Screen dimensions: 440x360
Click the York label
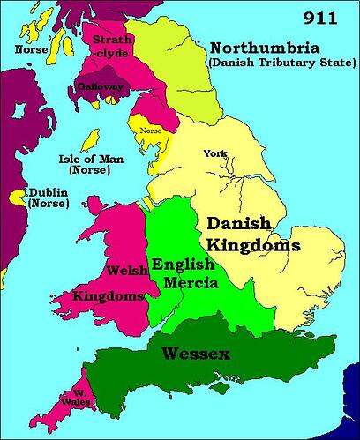[214, 153]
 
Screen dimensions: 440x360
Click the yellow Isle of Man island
[89, 141]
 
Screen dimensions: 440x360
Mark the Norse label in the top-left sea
[32, 50]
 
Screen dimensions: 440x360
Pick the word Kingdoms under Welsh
[110, 296]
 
